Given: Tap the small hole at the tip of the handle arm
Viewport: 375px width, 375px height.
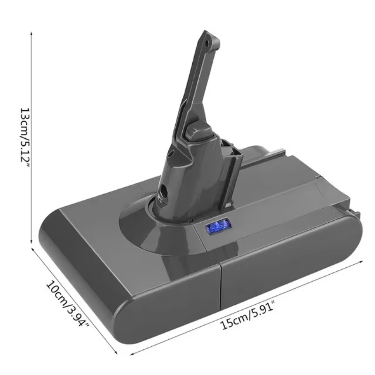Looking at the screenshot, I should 207,43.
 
